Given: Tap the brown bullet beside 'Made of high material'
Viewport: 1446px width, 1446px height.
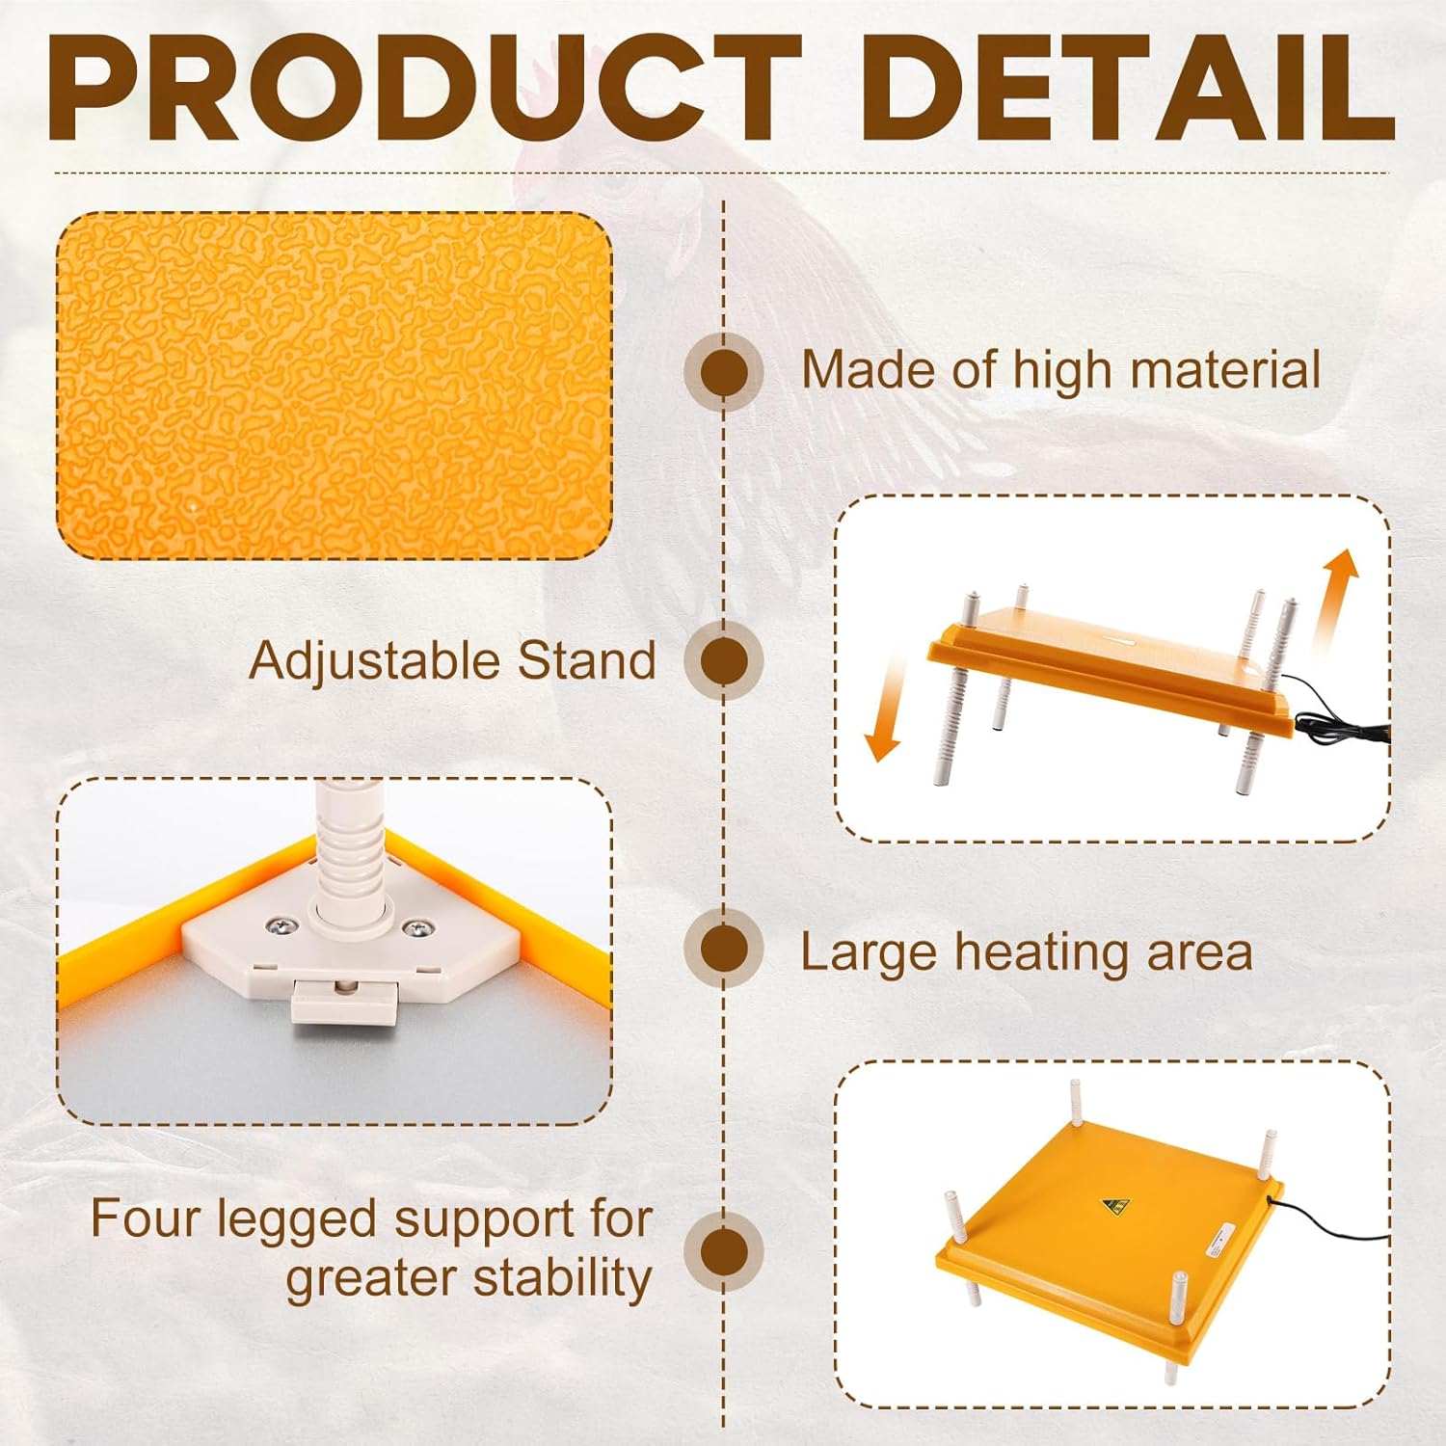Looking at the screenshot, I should point(724,372).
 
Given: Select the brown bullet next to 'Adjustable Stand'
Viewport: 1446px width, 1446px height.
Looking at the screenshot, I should point(724,661).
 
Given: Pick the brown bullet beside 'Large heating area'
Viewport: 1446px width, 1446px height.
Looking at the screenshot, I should point(724,949).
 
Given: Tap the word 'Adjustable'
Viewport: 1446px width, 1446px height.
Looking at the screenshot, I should point(373,662).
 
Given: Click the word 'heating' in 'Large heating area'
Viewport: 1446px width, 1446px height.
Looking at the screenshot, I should point(1043,952).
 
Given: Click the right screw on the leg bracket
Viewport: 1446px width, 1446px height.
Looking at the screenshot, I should point(416,928).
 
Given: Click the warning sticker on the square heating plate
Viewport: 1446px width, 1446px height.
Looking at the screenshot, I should point(1115,1205).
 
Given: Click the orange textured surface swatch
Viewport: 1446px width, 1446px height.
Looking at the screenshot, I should point(335,386).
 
